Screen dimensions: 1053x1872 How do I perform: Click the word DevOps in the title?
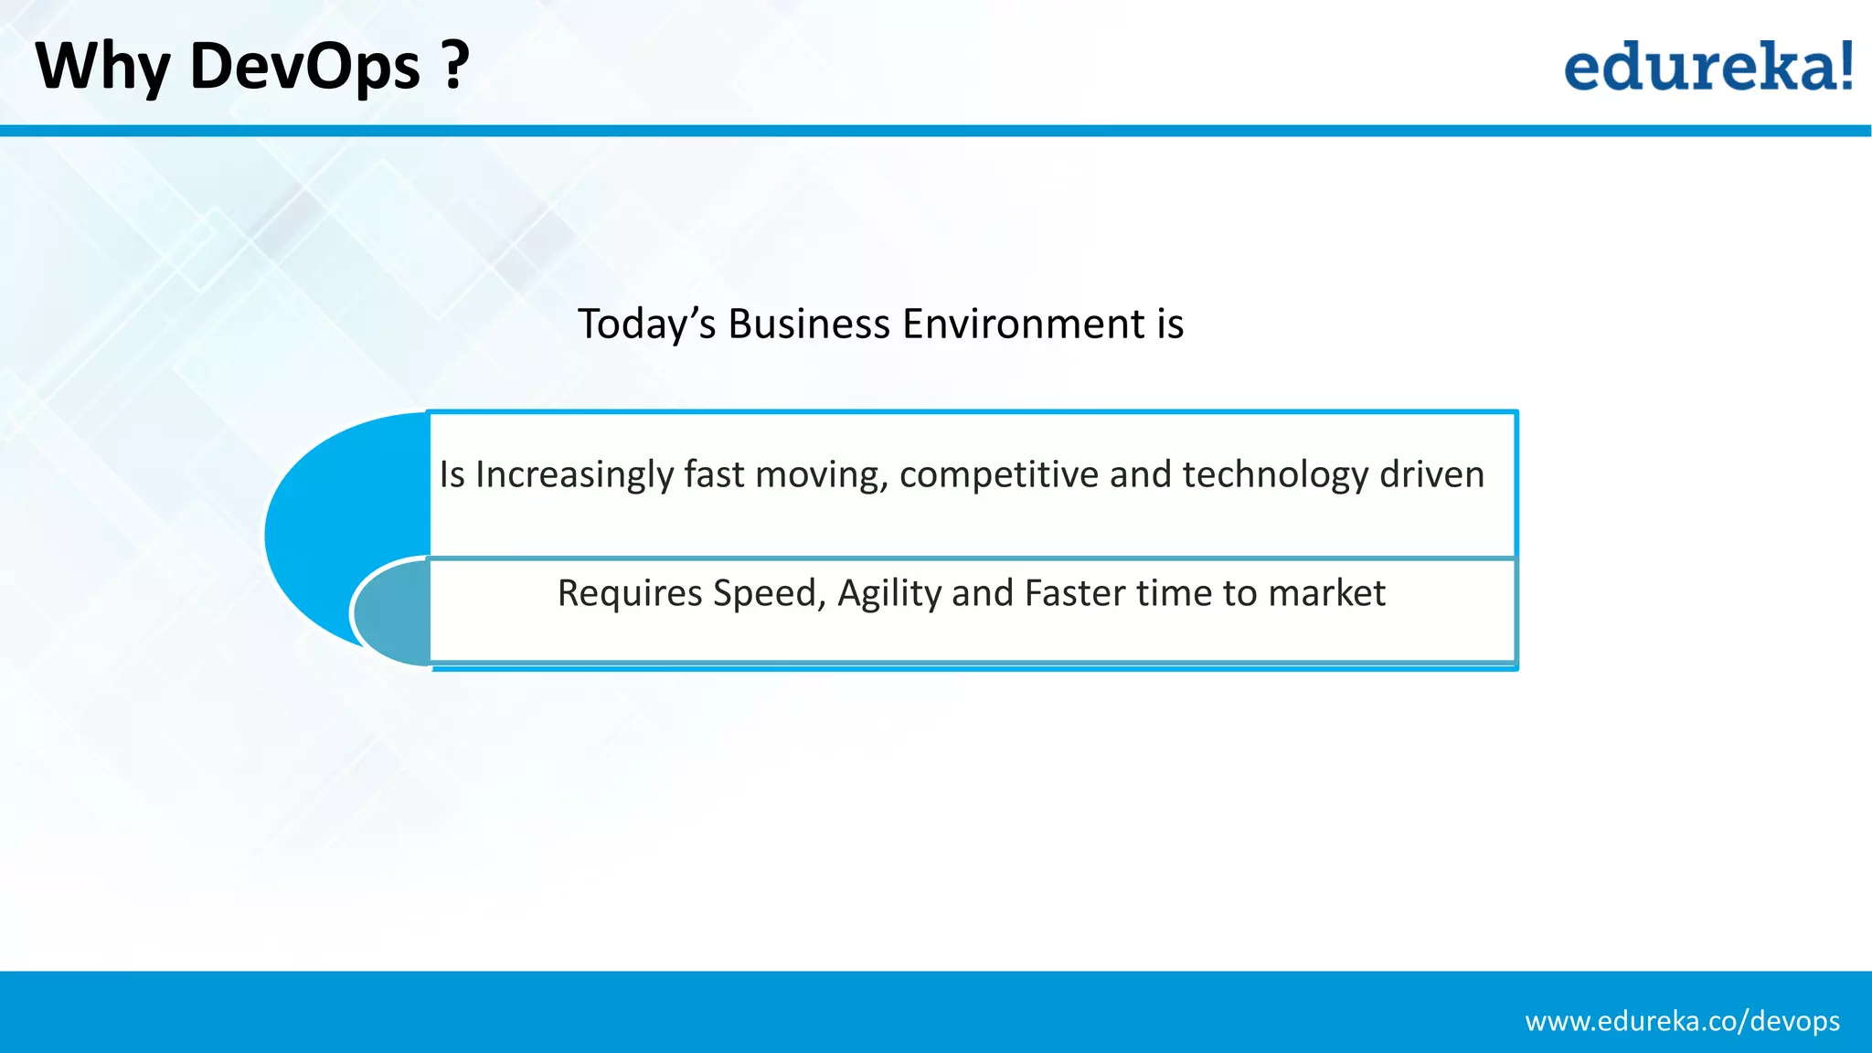point(304,67)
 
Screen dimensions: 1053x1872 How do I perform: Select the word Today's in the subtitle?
point(646,324)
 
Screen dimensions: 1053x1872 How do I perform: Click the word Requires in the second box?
point(630,594)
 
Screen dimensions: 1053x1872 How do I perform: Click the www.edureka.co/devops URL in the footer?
point(1682,1021)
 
